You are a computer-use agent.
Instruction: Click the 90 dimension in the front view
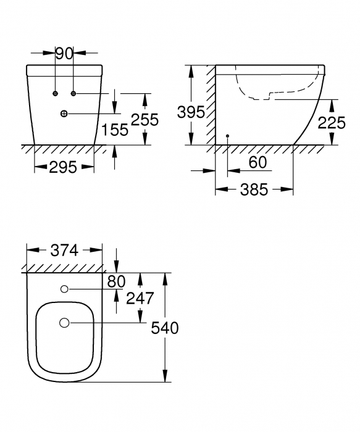point(64,54)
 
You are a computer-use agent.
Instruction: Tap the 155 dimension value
point(115,129)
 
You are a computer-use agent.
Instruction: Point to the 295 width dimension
point(63,167)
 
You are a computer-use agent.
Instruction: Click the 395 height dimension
point(190,112)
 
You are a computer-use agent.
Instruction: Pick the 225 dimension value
point(332,122)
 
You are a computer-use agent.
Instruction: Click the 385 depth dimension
point(253,189)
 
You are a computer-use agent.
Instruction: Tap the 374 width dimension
point(64,250)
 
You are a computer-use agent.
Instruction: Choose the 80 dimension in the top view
point(116,281)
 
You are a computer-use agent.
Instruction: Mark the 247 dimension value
point(140,299)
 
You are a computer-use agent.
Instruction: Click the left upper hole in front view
point(56,93)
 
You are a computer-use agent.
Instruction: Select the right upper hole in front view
point(73,93)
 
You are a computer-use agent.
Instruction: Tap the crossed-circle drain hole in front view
point(64,114)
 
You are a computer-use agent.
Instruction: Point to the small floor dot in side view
point(227,135)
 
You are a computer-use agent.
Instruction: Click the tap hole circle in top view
point(64,289)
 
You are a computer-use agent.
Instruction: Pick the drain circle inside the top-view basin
point(64,322)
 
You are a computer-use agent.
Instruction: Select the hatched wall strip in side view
point(211,105)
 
